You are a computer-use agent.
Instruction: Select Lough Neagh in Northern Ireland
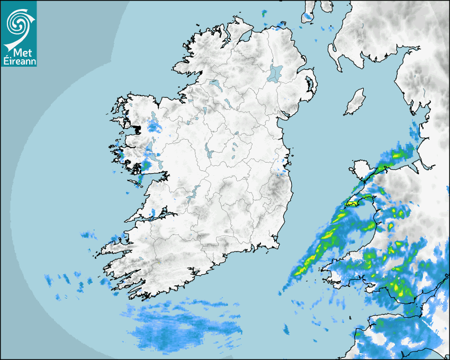275,73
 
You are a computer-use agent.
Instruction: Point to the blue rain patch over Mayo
155,127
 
